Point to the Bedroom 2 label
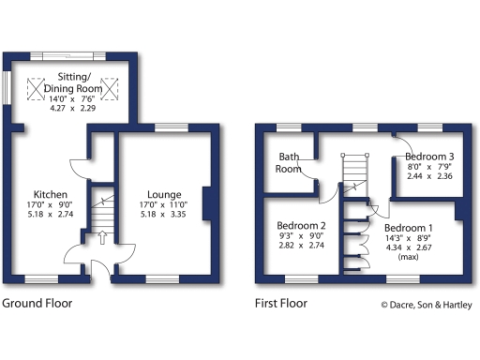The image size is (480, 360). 301,225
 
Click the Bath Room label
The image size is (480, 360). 288,162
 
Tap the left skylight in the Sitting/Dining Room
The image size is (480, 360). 38,88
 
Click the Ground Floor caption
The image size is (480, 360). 37,304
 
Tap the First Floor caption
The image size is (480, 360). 281,304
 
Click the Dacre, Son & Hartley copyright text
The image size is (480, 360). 427,305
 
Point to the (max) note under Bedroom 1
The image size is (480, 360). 408,256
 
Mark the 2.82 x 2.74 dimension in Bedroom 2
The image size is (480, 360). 301,247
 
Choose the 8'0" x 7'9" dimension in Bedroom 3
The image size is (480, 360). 429,166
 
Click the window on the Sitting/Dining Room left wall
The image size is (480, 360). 7,90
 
